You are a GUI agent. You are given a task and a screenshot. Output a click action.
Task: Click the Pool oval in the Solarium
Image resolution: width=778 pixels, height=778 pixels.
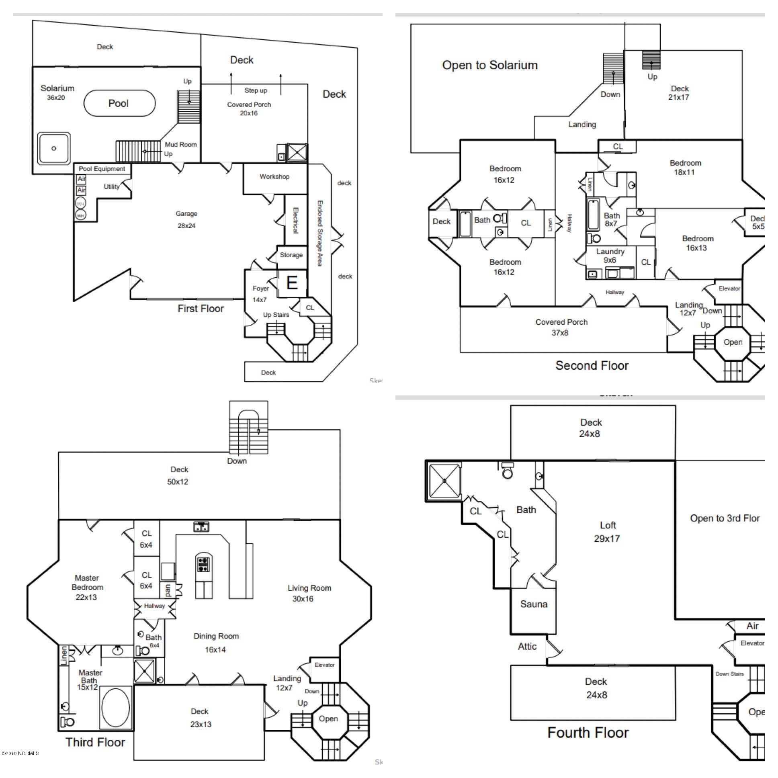tap(120, 104)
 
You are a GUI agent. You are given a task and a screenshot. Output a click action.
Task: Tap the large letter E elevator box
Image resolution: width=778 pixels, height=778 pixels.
tap(292, 283)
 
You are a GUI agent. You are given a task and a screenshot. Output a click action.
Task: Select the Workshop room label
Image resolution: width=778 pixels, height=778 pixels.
tap(274, 176)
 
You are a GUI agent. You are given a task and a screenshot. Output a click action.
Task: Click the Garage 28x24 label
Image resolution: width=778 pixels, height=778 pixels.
tap(186, 219)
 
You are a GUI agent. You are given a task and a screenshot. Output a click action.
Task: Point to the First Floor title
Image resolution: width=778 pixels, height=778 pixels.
tap(201, 309)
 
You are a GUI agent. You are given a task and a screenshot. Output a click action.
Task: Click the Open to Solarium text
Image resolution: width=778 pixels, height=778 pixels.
tap(490, 65)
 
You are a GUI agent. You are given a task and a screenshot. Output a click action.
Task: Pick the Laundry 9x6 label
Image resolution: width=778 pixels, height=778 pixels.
tap(610, 256)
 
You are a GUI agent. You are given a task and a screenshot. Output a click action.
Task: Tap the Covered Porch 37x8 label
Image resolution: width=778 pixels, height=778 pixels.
tap(561, 328)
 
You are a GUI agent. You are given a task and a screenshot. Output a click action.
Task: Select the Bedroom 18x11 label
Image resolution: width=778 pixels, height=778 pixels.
tap(685, 168)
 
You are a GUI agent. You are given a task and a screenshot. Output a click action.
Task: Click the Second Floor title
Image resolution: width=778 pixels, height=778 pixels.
tap(592, 366)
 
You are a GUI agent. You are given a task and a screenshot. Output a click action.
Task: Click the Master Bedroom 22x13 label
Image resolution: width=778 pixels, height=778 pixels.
tap(87, 587)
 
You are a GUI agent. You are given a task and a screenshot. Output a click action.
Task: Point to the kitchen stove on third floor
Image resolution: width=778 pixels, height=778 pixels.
tap(203, 564)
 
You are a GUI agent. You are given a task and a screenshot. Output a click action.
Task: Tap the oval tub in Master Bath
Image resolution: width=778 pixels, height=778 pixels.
tap(116, 708)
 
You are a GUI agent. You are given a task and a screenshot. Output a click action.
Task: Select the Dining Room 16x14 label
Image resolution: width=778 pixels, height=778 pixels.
tap(216, 643)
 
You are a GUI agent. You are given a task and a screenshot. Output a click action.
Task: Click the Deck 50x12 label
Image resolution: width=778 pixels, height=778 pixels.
tap(178, 475)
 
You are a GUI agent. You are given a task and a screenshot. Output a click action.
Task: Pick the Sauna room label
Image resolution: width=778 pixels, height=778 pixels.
tap(534, 604)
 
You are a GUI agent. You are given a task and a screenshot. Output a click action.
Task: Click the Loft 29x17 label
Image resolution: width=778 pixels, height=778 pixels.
tap(607, 532)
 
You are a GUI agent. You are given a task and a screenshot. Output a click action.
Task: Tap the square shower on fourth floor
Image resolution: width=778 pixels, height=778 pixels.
tap(444, 481)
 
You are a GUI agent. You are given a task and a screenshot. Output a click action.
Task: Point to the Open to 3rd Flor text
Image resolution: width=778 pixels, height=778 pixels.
tap(725, 518)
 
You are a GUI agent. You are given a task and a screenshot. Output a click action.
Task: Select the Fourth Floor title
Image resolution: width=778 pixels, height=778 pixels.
tap(588, 733)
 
